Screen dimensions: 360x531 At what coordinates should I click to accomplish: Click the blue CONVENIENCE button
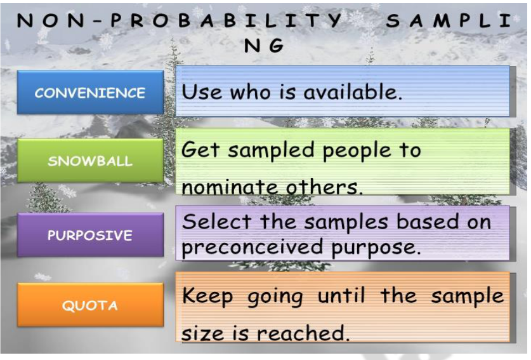[90, 93]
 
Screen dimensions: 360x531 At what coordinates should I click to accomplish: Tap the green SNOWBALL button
[90, 161]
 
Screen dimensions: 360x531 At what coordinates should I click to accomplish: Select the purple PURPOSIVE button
[90, 235]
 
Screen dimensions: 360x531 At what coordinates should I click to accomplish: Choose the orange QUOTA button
[90, 305]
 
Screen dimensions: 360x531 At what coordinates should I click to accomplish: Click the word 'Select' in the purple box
[215, 222]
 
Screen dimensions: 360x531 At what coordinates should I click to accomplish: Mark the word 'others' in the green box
[323, 188]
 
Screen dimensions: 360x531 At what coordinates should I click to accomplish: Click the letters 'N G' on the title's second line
[264, 46]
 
